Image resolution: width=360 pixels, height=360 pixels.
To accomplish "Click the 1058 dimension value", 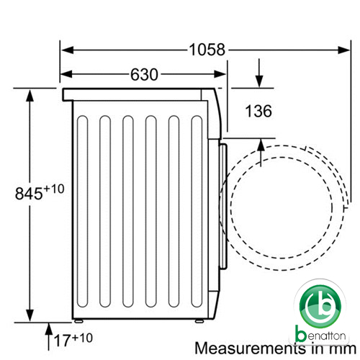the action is click(207, 50).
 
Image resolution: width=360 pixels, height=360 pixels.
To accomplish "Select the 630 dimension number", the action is click(144, 74).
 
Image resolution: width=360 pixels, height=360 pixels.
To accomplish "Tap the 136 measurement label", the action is click(258, 111).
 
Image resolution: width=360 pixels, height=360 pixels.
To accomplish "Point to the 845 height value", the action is click(29, 194).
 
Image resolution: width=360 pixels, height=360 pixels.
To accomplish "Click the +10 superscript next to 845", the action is click(54, 189).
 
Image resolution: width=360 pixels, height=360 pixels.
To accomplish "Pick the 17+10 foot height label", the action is click(73, 339).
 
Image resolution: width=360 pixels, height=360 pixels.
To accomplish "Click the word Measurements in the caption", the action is click(251, 348).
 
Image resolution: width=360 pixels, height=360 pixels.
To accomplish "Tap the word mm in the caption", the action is click(343, 349).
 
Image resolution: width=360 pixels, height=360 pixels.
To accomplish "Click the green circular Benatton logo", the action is click(320, 307).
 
